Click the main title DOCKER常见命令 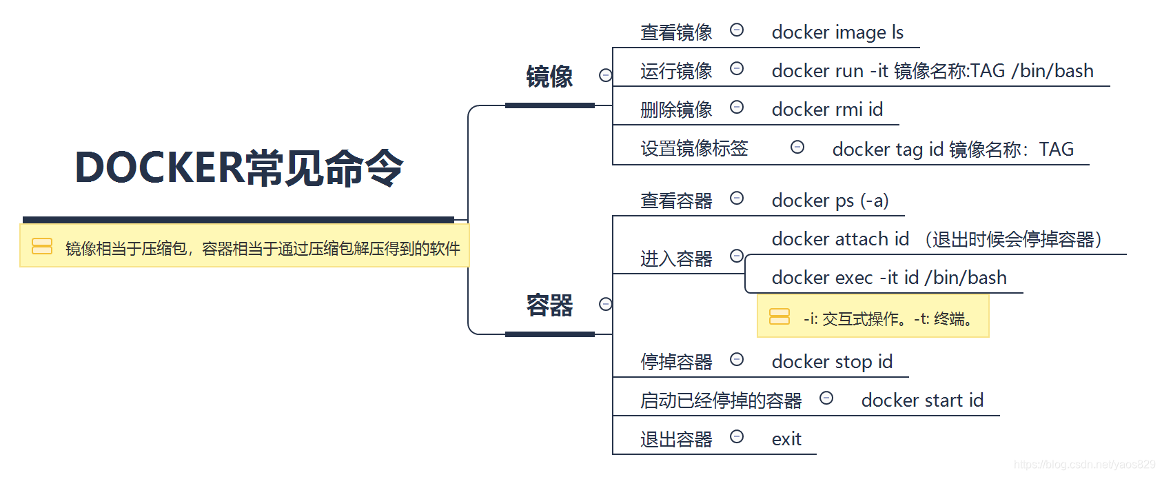238,168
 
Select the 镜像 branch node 549,77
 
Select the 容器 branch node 549,305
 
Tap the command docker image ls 837,32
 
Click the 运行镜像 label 676,71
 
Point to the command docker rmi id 827,110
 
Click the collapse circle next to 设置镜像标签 797,147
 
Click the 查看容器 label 676,201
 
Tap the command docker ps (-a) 830,201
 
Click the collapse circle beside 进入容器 737,256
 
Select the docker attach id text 840,239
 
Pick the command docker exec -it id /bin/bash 889,278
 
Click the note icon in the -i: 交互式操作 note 779,316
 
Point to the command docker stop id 832,362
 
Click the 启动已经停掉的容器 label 721,400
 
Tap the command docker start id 922,400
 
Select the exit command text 786,439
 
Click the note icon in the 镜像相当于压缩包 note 42,246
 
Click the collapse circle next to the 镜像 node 606,75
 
